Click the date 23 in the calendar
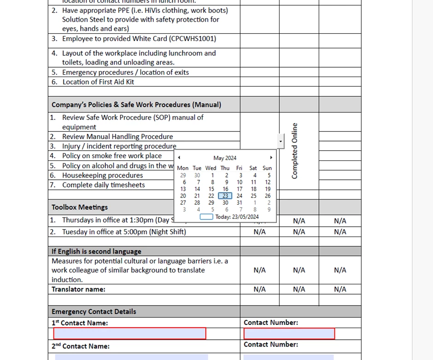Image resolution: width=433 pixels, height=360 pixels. pos(225,196)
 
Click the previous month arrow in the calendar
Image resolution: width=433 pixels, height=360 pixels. pos(179,158)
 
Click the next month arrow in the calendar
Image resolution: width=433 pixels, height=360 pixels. pos(271,158)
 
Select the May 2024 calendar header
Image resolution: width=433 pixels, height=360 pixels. pos(225,158)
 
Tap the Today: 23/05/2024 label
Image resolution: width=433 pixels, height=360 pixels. pos(237,217)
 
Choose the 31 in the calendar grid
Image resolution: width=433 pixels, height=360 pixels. pos(239,203)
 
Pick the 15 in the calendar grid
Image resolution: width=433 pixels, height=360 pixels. pos(211,189)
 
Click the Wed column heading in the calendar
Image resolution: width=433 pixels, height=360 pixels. pos(211,168)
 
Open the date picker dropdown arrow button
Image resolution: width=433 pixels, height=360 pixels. pos(281,141)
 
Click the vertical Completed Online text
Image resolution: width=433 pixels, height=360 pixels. pos(295,151)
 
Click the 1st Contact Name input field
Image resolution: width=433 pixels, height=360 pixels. pos(129,333)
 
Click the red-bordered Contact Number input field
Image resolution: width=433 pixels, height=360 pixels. pos(289,333)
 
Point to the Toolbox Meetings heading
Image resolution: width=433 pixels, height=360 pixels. pos(80,207)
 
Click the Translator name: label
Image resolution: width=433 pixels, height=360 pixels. pos(78,289)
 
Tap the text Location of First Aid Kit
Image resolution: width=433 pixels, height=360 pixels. pos(98,82)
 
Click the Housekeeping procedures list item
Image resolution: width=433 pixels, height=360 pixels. pos(102,176)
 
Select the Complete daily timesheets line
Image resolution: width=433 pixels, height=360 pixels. pos(103,185)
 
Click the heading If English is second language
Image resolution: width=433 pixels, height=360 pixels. pos(96,252)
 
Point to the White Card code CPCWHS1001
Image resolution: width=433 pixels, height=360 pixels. pos(191,39)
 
